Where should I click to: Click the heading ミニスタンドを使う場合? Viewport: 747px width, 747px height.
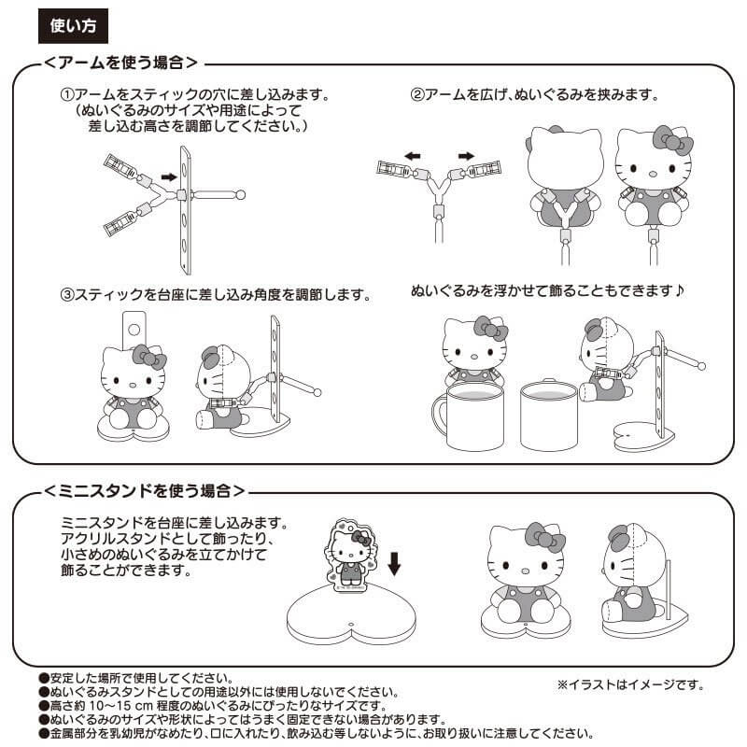point(146,490)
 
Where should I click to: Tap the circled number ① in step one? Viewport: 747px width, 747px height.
point(67,96)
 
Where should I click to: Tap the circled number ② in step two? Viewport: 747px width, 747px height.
point(417,96)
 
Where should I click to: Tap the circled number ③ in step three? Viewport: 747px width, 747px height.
point(67,295)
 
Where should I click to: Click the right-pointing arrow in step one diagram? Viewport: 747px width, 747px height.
point(168,175)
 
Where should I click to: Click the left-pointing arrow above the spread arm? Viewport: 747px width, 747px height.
point(412,155)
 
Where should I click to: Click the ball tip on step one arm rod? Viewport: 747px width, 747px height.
point(241,195)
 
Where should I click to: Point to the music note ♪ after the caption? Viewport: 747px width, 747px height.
point(679,291)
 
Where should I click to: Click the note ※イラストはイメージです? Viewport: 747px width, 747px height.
point(629,684)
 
